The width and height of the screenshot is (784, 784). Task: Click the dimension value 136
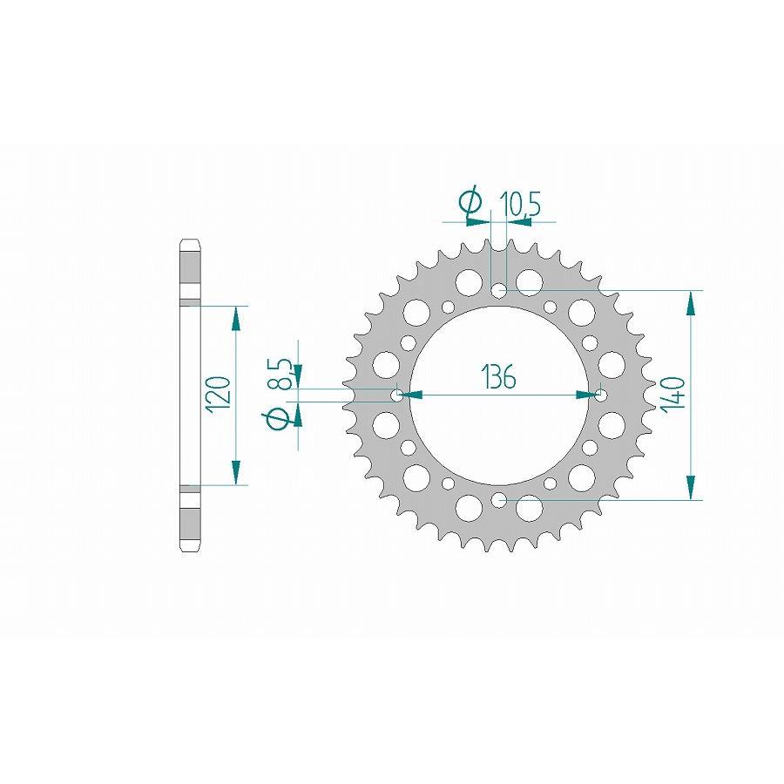coord(498,377)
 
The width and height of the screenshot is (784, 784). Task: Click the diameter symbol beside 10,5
coord(470,202)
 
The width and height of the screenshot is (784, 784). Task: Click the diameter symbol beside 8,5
coord(279,420)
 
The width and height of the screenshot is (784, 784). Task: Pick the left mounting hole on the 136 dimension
coord(398,395)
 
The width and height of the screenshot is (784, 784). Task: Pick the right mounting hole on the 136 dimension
coord(601,395)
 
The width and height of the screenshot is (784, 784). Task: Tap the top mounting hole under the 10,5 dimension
coord(499,289)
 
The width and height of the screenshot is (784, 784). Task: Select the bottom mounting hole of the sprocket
coord(499,499)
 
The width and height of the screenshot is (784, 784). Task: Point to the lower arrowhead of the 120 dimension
coord(235,473)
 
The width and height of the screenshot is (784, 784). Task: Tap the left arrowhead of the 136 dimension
coord(416,395)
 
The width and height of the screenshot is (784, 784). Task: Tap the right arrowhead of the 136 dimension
coord(585,395)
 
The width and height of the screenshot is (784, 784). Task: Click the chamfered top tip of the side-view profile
coord(190,241)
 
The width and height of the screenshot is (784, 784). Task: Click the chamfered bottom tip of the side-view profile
coord(190,548)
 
